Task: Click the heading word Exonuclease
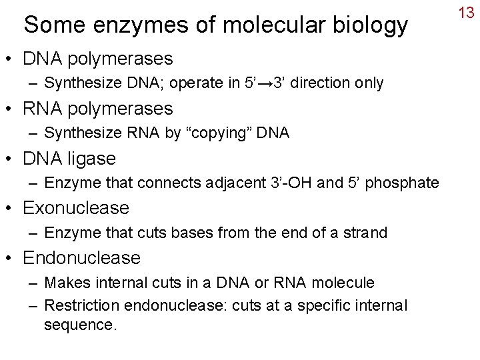(76, 208)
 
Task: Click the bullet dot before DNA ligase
(11, 159)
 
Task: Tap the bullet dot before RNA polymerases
(11, 109)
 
